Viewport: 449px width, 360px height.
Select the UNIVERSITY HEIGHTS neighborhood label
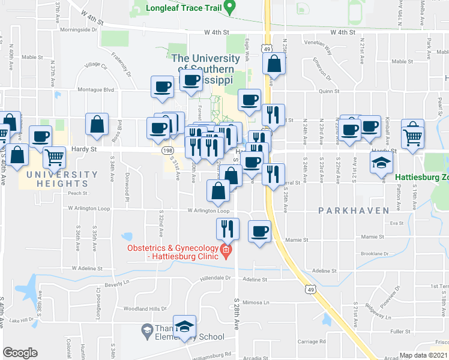pos(58,179)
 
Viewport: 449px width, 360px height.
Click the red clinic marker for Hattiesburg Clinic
pos(226,250)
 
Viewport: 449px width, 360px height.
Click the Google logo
pos(20,353)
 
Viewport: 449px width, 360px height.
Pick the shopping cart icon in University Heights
pos(54,158)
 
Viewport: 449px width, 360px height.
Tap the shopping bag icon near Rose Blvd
pos(97,125)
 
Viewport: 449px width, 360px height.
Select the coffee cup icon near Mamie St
pos(259,231)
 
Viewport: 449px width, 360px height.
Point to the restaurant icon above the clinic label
pos(227,228)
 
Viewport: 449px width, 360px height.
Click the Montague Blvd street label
pos(95,90)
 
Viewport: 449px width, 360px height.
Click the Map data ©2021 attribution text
pos(423,355)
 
